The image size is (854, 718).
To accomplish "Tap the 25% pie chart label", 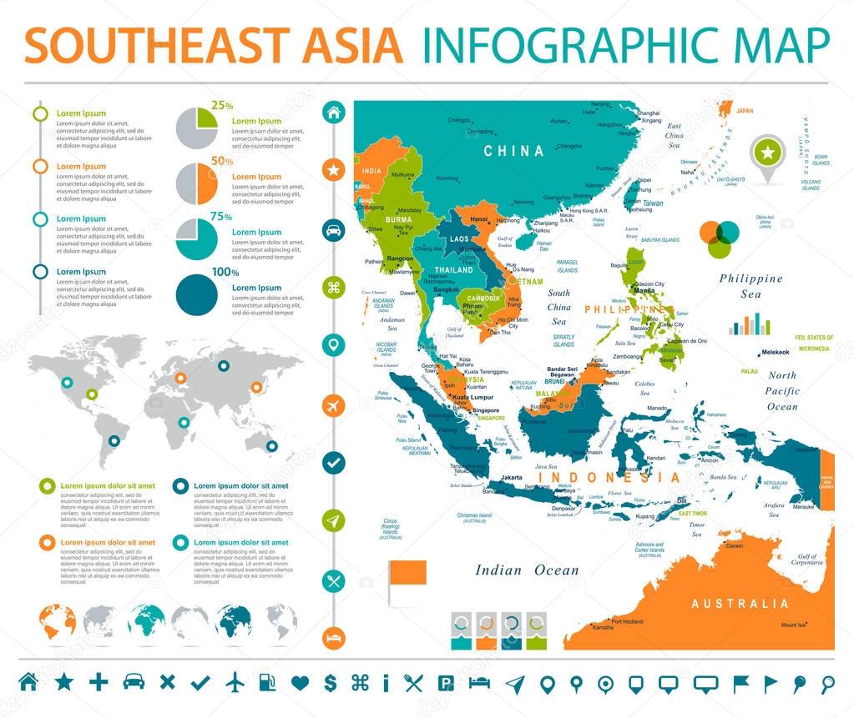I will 221,105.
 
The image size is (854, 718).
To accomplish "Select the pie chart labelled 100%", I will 197,293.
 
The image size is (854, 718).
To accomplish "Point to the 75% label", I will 221,216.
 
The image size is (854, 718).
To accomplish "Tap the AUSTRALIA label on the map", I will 740,603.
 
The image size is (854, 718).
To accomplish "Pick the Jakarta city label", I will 511,478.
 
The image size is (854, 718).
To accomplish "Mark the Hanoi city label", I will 479,219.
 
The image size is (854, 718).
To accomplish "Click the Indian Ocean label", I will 527,570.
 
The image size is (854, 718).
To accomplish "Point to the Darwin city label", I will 735,546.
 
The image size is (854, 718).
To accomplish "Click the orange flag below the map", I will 407,573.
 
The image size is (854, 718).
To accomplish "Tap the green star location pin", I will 766,153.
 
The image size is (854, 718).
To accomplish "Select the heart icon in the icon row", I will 301,682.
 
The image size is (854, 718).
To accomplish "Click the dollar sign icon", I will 331,682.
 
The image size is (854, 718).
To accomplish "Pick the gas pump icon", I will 267,682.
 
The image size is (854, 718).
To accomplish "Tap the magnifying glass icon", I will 827,682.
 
